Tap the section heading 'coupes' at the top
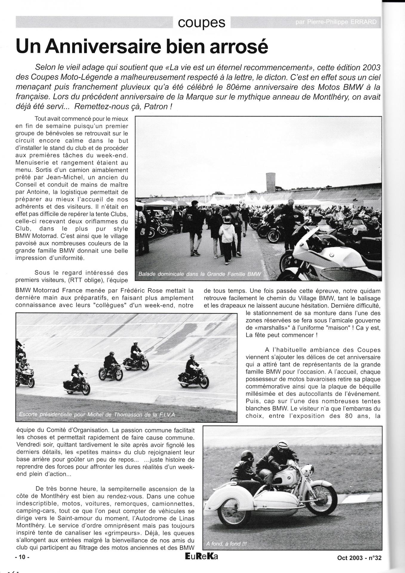(x=201, y=22)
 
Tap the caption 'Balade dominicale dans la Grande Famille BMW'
(x=199, y=274)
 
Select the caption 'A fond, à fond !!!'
(x=226, y=543)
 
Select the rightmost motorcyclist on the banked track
(x=193, y=373)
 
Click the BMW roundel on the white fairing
(x=331, y=255)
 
